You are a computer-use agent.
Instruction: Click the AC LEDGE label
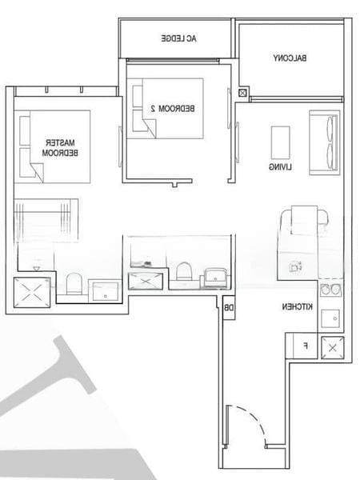[x=178, y=38]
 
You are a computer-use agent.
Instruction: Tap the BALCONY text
[x=289, y=58]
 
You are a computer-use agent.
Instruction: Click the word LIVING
[x=279, y=167]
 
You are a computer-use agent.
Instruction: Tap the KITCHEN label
[x=296, y=307]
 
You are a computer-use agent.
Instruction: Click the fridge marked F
[x=303, y=345]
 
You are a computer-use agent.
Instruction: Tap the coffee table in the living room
[x=281, y=142]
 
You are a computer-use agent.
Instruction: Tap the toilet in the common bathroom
[x=183, y=271]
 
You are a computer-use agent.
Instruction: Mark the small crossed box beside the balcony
[x=242, y=94]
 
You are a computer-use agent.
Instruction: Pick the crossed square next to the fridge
[x=331, y=346]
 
